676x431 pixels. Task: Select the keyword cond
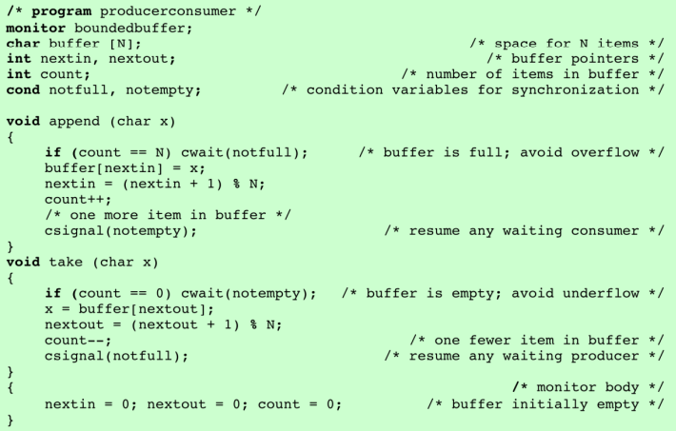pos(23,89)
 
